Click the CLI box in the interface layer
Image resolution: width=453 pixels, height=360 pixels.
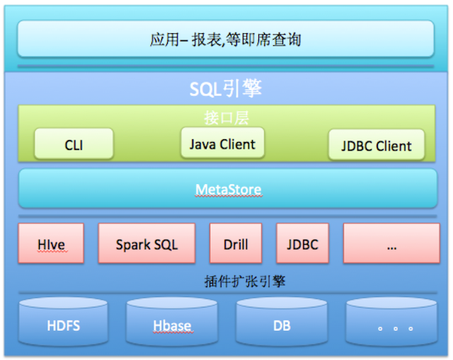click(74, 144)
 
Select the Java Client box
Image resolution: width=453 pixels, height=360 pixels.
click(222, 143)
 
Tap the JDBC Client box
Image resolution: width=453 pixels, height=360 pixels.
click(377, 144)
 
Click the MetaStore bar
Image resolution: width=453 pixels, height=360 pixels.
click(228, 188)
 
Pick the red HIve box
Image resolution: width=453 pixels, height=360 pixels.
click(51, 243)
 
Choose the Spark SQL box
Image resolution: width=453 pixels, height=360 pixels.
click(147, 243)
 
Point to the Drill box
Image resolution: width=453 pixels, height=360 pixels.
click(236, 243)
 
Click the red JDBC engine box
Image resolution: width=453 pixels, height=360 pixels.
click(302, 243)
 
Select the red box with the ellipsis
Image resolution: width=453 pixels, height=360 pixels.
click(391, 243)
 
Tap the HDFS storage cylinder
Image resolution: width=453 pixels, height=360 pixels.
click(63, 322)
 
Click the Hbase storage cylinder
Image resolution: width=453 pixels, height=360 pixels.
click(172, 322)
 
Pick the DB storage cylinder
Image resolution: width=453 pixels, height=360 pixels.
click(282, 322)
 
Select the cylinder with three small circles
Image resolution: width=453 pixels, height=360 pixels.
click(391, 322)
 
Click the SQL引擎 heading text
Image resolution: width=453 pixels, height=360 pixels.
click(226, 88)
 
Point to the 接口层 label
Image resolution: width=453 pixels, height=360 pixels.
click(226, 118)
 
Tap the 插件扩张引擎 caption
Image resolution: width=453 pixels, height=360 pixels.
click(245, 281)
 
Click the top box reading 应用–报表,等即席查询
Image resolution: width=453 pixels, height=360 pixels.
click(226, 38)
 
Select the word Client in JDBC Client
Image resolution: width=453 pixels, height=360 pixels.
click(394, 146)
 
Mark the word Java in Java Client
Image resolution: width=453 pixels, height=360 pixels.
click(203, 144)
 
